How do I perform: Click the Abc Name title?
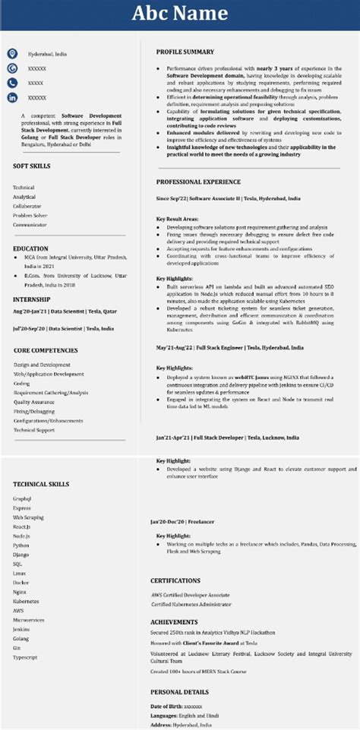pyautogui.click(x=180, y=13)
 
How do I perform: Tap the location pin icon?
pyautogui.click(x=12, y=54)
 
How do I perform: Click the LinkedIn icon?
pyautogui.click(x=12, y=97)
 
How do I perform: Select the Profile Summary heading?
pyautogui.click(x=185, y=52)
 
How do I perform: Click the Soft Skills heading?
pyautogui.click(x=33, y=165)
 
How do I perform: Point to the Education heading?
pyautogui.click(x=30, y=248)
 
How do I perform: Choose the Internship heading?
pyautogui.click(x=32, y=299)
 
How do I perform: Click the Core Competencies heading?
pyautogui.click(x=46, y=350)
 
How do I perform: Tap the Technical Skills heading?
pyautogui.click(x=42, y=484)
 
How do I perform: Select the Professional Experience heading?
pyautogui.click(x=198, y=182)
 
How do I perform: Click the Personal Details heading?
pyautogui.click(x=179, y=692)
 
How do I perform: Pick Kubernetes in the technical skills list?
pyautogui.click(x=26, y=600)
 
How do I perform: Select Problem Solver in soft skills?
pyautogui.click(x=30, y=215)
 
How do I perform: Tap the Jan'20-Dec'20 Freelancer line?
pyautogui.click(x=183, y=522)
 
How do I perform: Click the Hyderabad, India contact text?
pyautogui.click(x=47, y=55)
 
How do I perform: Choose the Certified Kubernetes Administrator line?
pyautogui.click(x=191, y=604)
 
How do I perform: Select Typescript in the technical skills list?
pyautogui.click(x=25, y=656)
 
